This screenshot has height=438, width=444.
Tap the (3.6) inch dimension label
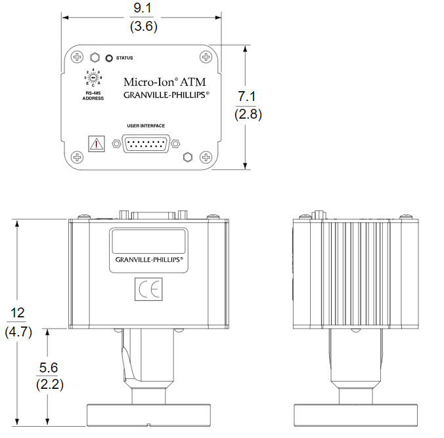click(144, 27)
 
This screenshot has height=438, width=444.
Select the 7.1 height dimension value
click(248, 97)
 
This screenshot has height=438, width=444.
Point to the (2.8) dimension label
click(248, 114)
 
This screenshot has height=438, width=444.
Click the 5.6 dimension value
click(49, 367)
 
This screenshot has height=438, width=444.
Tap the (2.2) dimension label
click(49, 385)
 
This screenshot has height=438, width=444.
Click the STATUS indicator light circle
click(109, 58)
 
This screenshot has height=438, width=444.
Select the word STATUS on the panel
click(124, 58)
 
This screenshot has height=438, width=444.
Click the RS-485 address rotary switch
click(93, 78)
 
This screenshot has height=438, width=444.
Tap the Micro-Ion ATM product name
click(164, 82)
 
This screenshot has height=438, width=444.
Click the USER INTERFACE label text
click(146, 125)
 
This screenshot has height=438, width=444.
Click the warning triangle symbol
click(97, 144)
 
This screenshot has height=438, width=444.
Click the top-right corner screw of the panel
click(206, 56)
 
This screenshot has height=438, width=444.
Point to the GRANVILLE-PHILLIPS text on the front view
click(148, 260)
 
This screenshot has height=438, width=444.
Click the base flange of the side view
click(353, 415)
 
